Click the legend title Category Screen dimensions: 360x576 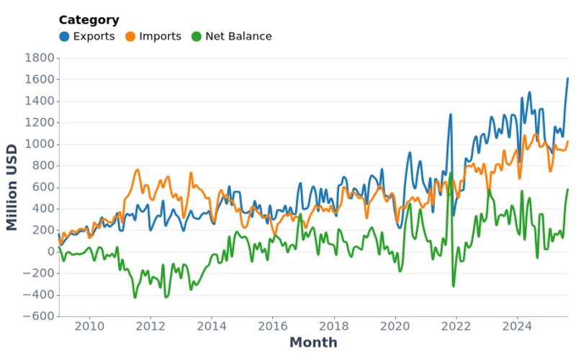(89, 20)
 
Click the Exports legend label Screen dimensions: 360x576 (94, 36)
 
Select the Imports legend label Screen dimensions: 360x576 (160, 36)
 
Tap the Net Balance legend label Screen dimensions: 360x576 (238, 36)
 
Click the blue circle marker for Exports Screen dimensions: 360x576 (65, 36)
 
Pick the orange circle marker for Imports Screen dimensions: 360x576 (131, 36)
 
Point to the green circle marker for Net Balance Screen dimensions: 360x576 (197, 36)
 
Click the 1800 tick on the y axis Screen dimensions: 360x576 (39, 58)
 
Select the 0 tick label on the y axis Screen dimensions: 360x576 (50, 251)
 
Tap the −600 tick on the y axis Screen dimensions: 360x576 (39, 316)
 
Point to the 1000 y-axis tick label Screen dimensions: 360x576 (39, 144)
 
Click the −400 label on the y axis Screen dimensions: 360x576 (39, 294)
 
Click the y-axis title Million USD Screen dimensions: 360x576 (12, 187)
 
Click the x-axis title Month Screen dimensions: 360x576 (313, 343)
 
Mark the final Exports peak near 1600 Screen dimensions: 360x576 (567, 78)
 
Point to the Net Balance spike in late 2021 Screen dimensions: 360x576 (451, 174)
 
